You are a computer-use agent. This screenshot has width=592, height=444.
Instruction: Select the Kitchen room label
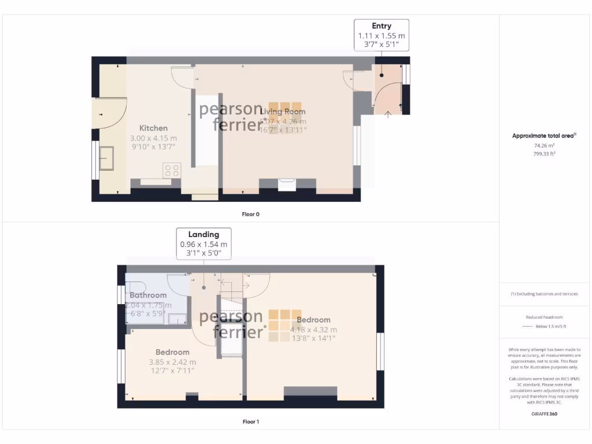click(x=154, y=128)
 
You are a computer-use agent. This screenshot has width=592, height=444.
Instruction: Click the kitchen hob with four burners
click(x=172, y=170)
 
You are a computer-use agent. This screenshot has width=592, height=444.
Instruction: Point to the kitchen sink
click(x=107, y=158)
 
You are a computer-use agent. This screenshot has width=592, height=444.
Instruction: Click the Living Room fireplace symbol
click(x=287, y=184)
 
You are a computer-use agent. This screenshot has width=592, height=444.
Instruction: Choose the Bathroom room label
click(x=148, y=295)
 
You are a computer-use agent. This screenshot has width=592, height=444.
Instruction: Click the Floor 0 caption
click(x=250, y=214)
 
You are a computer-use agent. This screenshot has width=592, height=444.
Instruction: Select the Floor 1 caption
click(x=250, y=421)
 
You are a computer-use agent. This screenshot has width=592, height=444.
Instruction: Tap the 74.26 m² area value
click(x=544, y=146)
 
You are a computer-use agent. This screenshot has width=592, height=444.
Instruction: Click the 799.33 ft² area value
click(x=544, y=154)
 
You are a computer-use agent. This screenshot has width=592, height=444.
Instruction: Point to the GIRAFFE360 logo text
click(x=544, y=414)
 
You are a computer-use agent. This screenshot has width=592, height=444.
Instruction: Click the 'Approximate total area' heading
click(x=543, y=136)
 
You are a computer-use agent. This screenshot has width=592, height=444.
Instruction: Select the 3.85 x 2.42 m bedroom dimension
click(x=172, y=362)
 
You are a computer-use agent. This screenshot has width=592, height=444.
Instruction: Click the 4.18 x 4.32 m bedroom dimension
click(x=314, y=330)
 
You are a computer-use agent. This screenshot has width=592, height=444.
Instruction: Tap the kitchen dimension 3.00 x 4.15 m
click(x=154, y=138)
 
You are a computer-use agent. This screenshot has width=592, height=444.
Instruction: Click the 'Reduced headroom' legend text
click(x=544, y=317)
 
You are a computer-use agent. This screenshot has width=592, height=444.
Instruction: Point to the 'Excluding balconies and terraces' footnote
click(x=544, y=294)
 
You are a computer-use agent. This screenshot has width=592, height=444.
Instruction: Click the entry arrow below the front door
click(x=387, y=113)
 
